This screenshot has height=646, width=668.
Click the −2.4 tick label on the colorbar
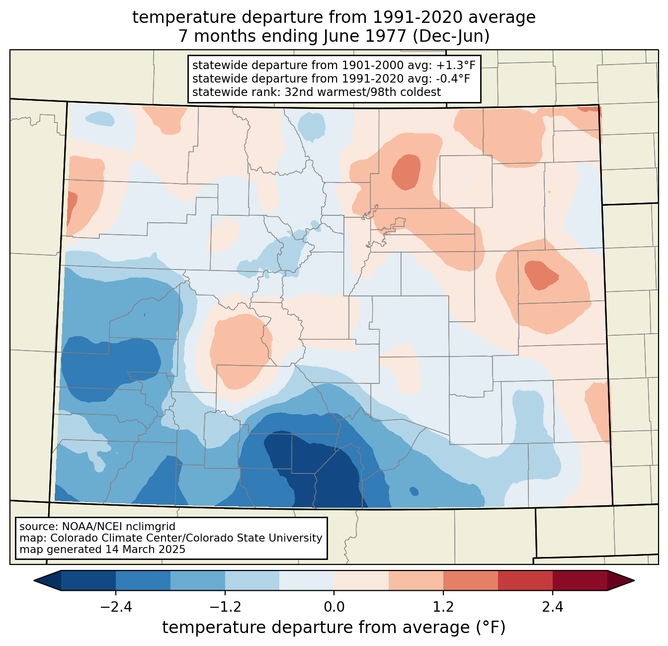(x=116, y=607)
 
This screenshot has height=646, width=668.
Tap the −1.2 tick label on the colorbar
(x=225, y=607)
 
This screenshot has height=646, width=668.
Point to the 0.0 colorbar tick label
(x=334, y=607)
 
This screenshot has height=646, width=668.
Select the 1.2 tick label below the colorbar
(x=443, y=607)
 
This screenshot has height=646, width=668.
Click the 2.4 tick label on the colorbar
(x=552, y=607)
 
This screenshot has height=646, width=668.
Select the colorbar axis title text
(x=334, y=628)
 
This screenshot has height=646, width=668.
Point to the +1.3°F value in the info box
(x=456, y=65)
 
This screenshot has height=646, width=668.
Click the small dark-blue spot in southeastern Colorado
(x=414, y=491)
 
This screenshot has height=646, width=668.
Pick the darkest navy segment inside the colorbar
(x=88, y=580)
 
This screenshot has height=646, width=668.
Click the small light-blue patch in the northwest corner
(x=100, y=118)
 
